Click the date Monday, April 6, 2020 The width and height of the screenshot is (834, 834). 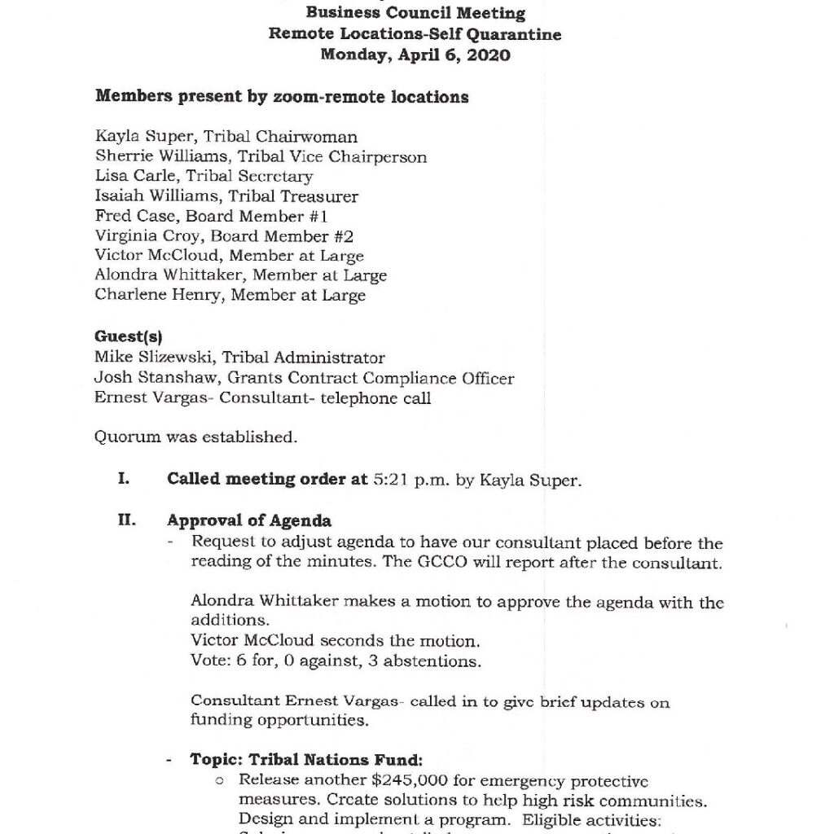pyautogui.click(x=415, y=55)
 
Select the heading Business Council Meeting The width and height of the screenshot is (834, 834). pyautogui.click(x=415, y=13)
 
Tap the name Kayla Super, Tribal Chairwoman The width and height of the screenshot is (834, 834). pyautogui.click(x=226, y=137)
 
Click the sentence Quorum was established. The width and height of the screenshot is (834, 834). pyautogui.click(x=195, y=437)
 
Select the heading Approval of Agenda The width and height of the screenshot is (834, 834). pyautogui.click(x=249, y=520)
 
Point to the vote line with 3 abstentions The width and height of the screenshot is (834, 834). pyautogui.click(x=336, y=661)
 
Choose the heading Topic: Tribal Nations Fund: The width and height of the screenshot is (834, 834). pyautogui.click(x=306, y=760)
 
